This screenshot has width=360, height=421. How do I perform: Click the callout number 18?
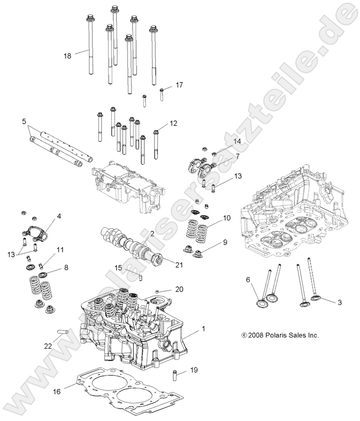pyautogui.click(x=67, y=55)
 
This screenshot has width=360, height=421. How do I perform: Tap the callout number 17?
pyautogui.click(x=179, y=85)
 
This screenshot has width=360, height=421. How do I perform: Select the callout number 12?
pyautogui.click(x=173, y=124)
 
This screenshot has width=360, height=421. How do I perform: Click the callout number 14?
pyautogui.click(x=238, y=141)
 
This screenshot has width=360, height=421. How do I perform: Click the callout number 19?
pyautogui.click(x=194, y=370)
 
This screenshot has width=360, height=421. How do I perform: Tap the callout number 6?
pyautogui.click(x=248, y=280)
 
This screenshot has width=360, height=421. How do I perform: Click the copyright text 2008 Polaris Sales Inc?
pyautogui.click(x=280, y=335)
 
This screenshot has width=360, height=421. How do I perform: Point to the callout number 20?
pyautogui.click(x=179, y=289)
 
